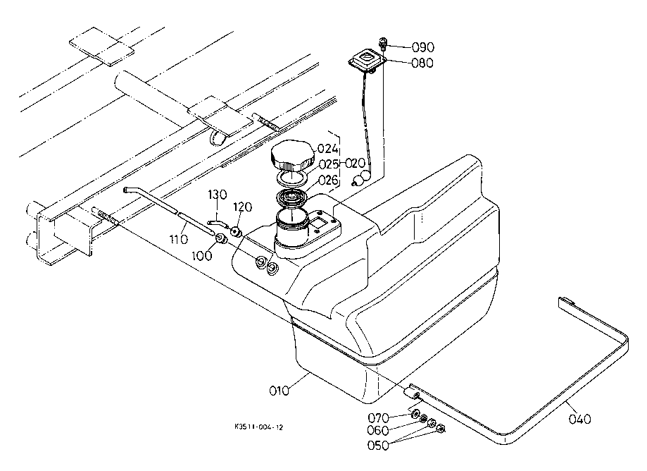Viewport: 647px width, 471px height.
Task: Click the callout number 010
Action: pos(279,391)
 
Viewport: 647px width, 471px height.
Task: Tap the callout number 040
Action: pos(579,420)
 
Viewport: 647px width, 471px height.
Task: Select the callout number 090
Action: pos(423,47)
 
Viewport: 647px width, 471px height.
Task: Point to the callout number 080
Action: pos(422,63)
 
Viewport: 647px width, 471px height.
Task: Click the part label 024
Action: pos(329,149)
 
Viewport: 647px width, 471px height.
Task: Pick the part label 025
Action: pos(329,164)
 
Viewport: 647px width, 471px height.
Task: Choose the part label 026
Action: pos(329,180)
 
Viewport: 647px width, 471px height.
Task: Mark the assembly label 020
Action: pos(355,164)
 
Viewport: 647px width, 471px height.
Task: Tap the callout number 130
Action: pos(217,195)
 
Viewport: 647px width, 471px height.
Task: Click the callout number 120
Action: pos(243,207)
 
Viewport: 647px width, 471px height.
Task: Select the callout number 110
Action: pos(179,239)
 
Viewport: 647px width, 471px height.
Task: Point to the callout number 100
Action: pos(202,256)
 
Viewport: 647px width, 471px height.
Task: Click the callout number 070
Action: pos(378,418)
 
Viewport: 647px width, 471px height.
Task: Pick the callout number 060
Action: pos(378,431)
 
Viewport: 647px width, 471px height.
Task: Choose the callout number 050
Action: pos(378,446)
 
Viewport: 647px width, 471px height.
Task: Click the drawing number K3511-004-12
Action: pos(258,427)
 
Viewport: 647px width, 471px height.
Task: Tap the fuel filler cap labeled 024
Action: pos(292,157)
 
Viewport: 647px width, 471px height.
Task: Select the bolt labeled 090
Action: pos(383,43)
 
